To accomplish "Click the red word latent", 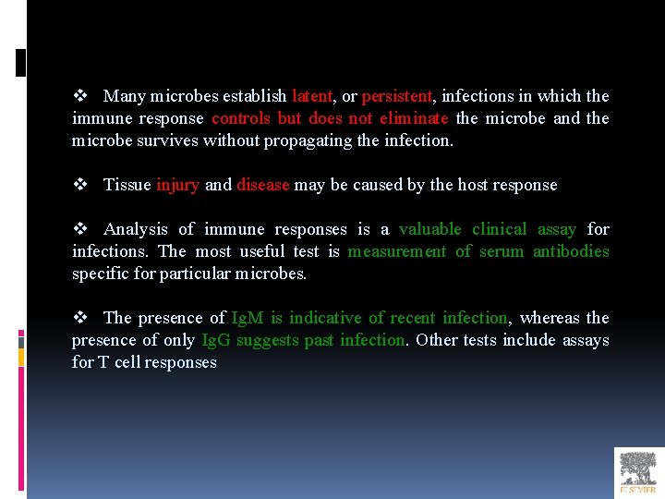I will (x=311, y=96).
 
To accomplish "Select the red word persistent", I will (x=396, y=96).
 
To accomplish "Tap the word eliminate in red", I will (x=413, y=118).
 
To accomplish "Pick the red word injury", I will (x=177, y=185).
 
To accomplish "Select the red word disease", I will (x=263, y=185).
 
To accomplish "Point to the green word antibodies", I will (x=571, y=251).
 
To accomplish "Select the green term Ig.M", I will (x=248, y=318).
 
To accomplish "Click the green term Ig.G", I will (x=216, y=340).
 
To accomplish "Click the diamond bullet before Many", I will (x=79, y=96).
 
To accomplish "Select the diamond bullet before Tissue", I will (x=79, y=185).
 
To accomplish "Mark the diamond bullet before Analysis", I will (x=79, y=229).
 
